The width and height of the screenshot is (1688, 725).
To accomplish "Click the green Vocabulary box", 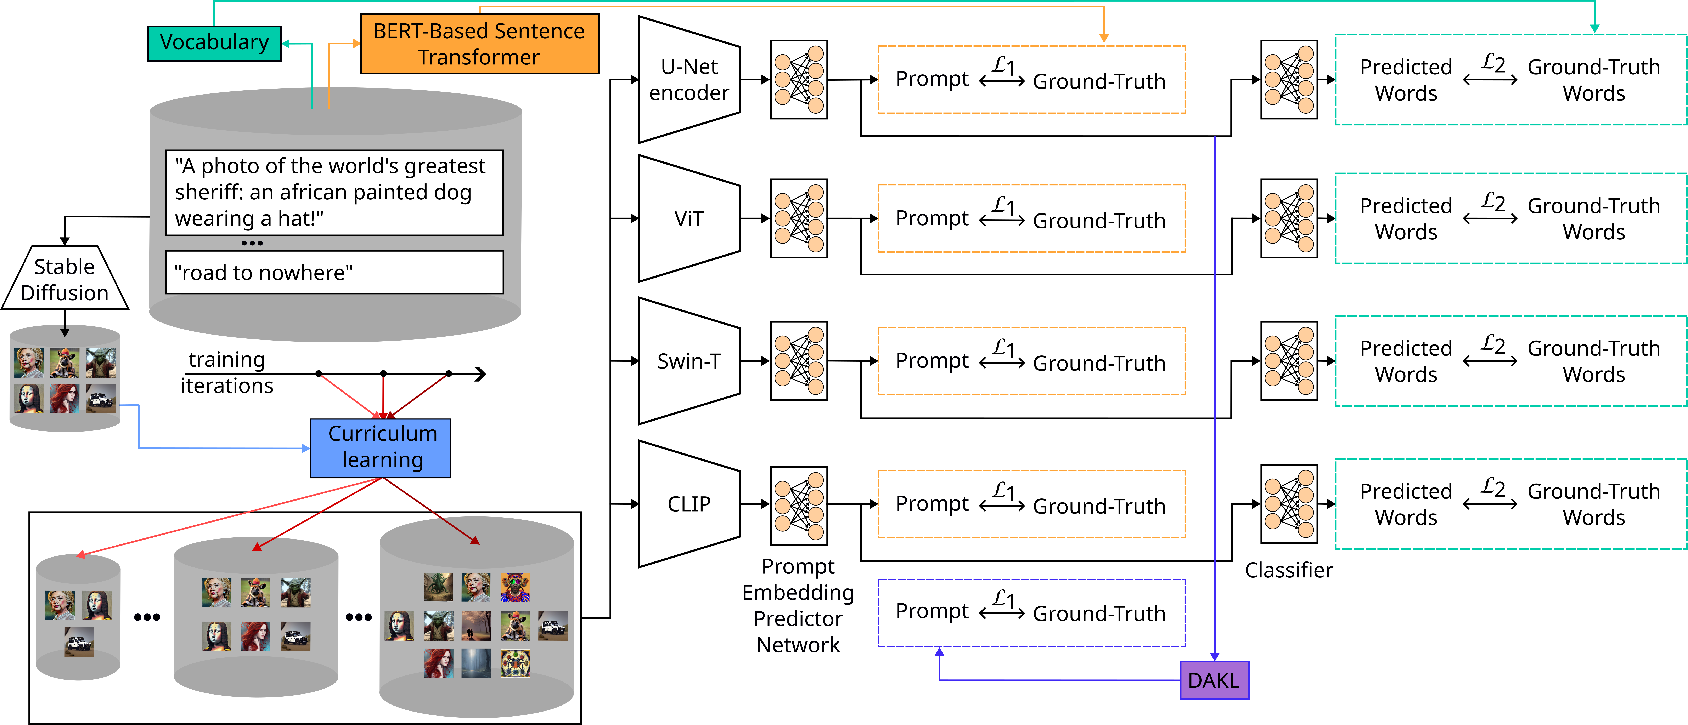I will point(214,43).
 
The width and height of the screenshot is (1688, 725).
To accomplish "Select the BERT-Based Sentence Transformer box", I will point(479,44).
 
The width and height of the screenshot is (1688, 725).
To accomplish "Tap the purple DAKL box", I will point(1214,680).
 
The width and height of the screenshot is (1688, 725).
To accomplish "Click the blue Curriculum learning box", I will point(380,448).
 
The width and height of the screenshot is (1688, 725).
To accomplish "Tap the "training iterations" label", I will point(226,373).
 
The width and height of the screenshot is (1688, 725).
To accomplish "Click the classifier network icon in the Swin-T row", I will point(1288,361).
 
